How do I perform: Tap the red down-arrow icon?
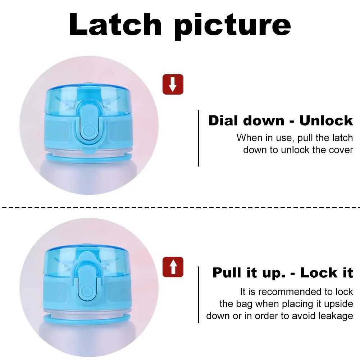click(173, 84)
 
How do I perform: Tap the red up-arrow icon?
click(173, 267)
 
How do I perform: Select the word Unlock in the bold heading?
click(326, 120)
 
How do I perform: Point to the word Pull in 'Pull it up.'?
click(228, 273)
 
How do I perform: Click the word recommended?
click(292, 291)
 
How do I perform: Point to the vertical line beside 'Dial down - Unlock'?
click(198, 138)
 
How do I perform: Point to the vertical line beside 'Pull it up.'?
click(198, 294)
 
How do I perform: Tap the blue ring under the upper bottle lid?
click(88, 158)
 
